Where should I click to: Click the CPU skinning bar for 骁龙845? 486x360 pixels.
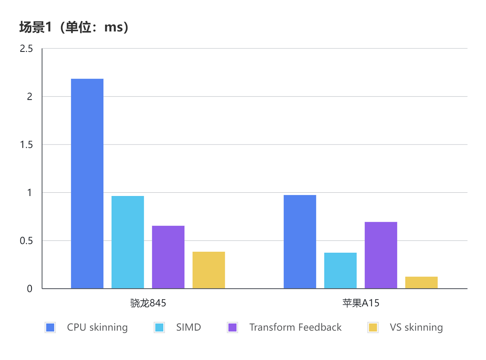pos(87,183)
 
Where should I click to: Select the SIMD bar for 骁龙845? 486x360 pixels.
pos(128,242)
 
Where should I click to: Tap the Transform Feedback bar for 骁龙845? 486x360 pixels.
pos(168,257)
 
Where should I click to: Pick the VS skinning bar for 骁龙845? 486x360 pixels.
pos(209,270)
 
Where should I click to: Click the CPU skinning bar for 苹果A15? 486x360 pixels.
pos(300,242)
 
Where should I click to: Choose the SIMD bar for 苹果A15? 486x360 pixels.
pos(340,271)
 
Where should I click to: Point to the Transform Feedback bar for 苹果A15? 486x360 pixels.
pos(381,255)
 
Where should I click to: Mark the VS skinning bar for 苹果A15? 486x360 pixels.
pos(421,283)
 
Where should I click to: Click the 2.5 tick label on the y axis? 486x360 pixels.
pos(26,49)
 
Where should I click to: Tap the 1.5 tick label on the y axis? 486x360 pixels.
pos(26,145)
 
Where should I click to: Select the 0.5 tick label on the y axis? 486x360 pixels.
pos(26,241)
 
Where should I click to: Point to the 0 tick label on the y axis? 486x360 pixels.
pos(30,289)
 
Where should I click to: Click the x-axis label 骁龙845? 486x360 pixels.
pos(148,303)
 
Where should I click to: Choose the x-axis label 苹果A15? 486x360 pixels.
pos(361,303)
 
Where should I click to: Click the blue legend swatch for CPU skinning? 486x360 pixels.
pos(50,328)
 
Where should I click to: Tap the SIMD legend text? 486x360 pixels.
pos(188,327)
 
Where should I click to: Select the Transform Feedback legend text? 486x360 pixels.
pos(295,327)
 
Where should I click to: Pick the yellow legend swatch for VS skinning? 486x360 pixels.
pos(373,328)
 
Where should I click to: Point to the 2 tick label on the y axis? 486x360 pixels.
pos(30,97)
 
